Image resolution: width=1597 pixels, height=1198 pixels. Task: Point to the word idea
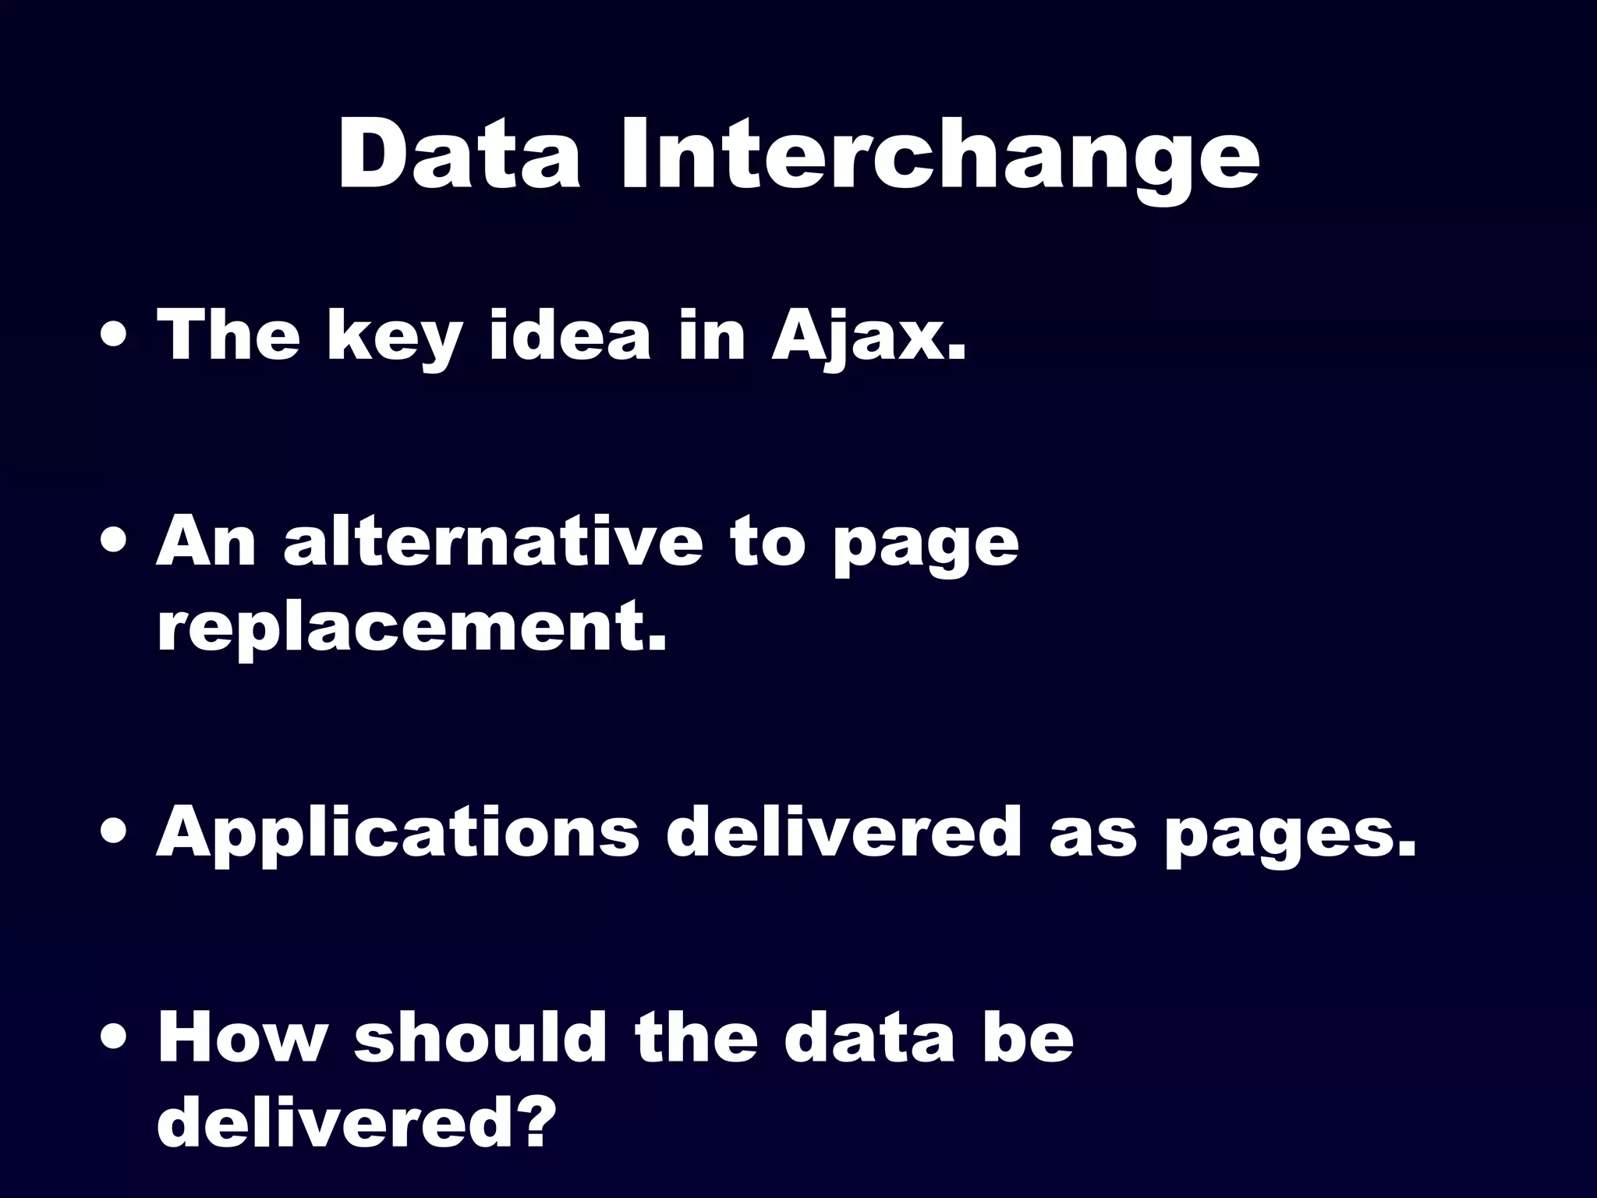coord(569,335)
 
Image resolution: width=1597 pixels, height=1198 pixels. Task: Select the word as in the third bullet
coord(1092,833)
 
